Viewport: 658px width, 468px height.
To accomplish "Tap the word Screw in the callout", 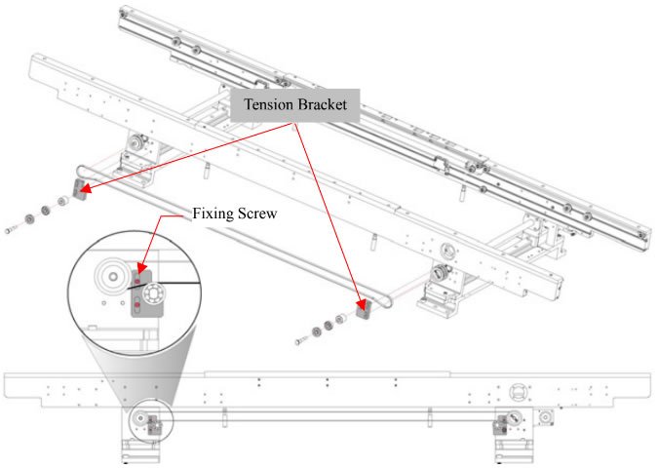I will pyautogui.click(x=256, y=214).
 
